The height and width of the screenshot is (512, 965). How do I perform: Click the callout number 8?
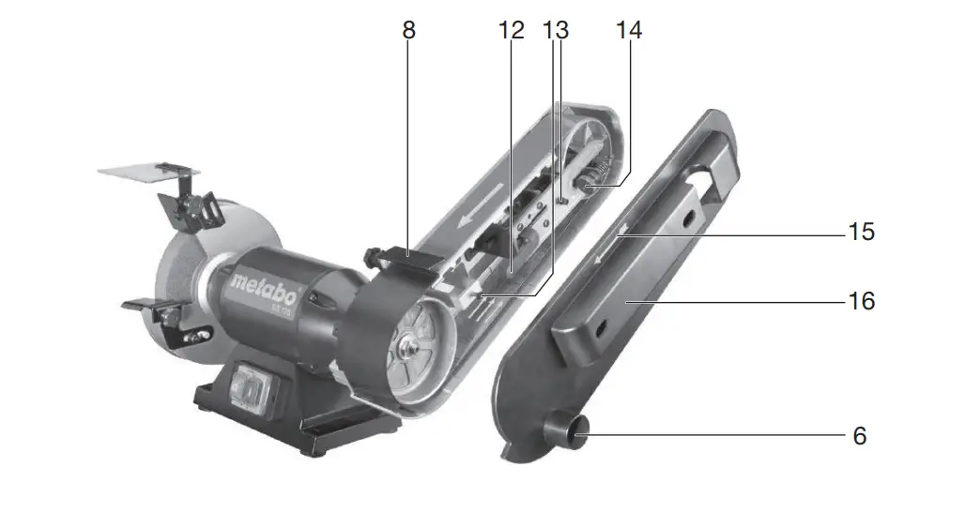point(408,30)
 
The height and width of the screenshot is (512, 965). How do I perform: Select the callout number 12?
point(511,30)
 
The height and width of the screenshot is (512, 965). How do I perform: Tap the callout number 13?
point(556,30)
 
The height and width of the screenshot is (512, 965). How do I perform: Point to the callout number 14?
point(628,30)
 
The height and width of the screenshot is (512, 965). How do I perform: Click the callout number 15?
point(861,231)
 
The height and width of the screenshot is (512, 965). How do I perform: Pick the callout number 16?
point(861,301)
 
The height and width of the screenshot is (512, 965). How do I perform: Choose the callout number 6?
point(861,436)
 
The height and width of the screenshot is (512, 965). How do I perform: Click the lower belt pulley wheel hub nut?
point(410,348)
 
